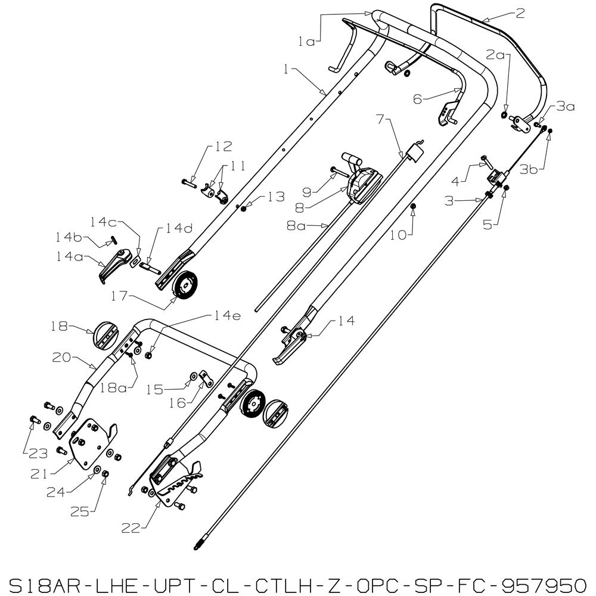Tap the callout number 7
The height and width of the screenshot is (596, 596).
coord(380,119)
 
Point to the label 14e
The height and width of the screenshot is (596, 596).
coord(227,316)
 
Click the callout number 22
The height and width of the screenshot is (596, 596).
coord(131,528)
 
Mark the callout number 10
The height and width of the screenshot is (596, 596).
coord(398,235)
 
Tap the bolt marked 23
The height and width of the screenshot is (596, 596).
coord(34,421)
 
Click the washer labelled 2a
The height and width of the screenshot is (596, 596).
coord(504,115)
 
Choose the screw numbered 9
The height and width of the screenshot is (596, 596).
coord(340,172)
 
